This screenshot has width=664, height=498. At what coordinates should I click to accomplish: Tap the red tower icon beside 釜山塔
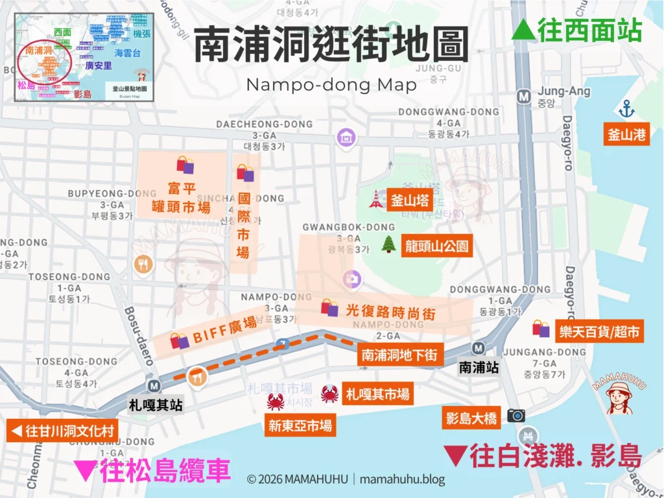click(x=376, y=199)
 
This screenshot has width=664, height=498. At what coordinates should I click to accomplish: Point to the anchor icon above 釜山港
click(x=626, y=109)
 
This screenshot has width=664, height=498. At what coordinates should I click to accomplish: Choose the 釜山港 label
click(x=626, y=135)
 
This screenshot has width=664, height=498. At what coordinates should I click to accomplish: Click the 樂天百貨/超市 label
click(x=600, y=332)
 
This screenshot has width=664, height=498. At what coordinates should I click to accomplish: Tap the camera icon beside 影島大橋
click(x=516, y=415)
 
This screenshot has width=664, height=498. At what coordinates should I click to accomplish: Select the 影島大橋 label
click(x=471, y=418)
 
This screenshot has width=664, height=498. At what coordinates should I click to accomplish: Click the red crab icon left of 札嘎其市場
click(x=329, y=394)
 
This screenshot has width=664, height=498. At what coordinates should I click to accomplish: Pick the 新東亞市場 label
click(x=300, y=425)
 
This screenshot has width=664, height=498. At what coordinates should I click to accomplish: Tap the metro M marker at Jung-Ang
click(x=523, y=97)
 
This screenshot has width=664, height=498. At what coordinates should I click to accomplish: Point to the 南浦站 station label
click(x=479, y=367)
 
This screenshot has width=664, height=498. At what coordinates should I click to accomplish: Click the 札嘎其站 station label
click(x=156, y=405)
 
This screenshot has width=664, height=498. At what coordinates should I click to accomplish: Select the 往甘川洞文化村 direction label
click(x=63, y=430)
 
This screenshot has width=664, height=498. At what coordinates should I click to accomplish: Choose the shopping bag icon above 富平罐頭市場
click(x=185, y=165)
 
